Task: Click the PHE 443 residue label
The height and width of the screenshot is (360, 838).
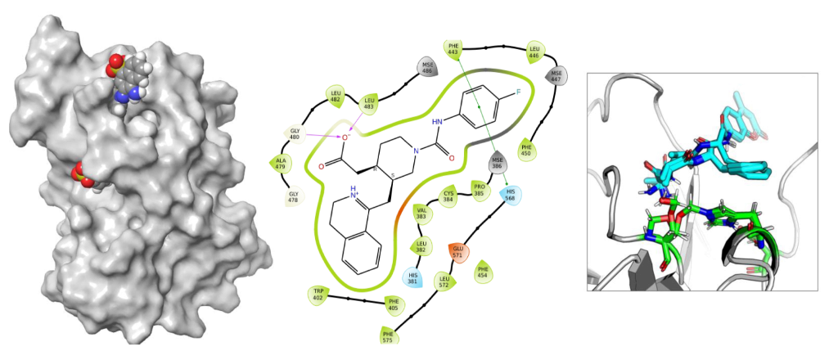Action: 453,49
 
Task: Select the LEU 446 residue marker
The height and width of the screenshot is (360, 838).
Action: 535,52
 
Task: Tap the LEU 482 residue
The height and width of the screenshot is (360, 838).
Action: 335,95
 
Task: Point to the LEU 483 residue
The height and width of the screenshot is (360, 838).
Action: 369,103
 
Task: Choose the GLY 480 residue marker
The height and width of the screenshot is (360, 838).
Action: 295,133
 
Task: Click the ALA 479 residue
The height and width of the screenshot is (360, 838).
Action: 281,163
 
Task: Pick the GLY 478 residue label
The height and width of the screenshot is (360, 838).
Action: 294,196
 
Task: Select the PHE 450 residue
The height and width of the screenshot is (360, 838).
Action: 526,150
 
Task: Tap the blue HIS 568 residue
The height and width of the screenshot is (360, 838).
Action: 511,195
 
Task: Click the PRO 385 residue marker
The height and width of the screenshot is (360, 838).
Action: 480,191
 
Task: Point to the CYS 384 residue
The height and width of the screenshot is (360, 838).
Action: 448,196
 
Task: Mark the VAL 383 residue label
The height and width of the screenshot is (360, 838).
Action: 421,214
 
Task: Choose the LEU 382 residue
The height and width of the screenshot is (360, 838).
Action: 421,245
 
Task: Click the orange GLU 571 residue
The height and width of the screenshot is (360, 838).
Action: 457,253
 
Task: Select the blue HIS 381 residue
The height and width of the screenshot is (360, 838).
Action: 414,277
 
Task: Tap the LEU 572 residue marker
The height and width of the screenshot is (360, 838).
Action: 444,281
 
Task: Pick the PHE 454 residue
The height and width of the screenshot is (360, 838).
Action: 482,272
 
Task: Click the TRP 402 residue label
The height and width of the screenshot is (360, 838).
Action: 318,295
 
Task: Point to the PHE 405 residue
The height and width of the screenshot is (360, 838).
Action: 394,304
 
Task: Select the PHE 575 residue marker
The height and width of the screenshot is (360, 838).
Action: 388,335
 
